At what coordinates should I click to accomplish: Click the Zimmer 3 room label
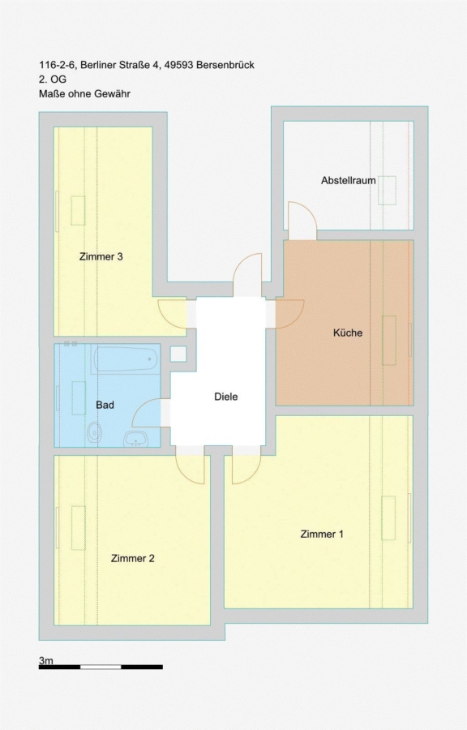click(101, 256)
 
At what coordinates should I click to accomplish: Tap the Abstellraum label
click(349, 181)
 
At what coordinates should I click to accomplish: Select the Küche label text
click(348, 333)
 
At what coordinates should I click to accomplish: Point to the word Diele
click(226, 397)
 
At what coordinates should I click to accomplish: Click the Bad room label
click(105, 405)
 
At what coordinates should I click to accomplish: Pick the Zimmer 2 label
click(133, 558)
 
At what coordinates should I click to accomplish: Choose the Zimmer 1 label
click(322, 534)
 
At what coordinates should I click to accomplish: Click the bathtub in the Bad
click(126, 359)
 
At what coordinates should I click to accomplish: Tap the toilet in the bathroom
click(94, 432)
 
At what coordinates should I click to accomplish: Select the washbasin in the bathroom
click(136, 439)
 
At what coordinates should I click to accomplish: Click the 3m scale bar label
click(46, 660)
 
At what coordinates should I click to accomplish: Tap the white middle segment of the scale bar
click(101, 668)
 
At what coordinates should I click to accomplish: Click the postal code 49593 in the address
click(178, 65)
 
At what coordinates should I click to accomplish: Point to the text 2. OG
click(53, 79)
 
